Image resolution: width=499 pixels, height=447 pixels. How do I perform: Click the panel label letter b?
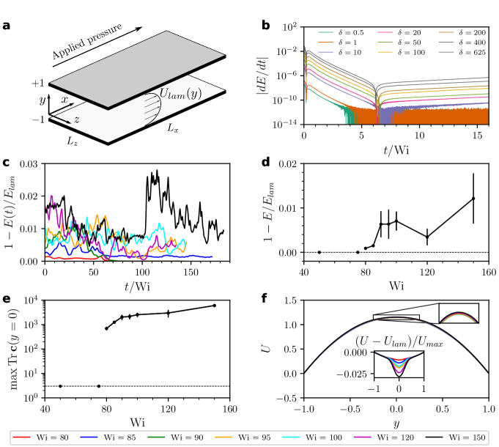[x=265, y=27]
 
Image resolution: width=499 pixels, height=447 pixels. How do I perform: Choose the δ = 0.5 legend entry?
[x=344, y=34]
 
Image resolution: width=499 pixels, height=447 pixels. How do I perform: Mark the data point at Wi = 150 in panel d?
[x=473, y=199]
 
